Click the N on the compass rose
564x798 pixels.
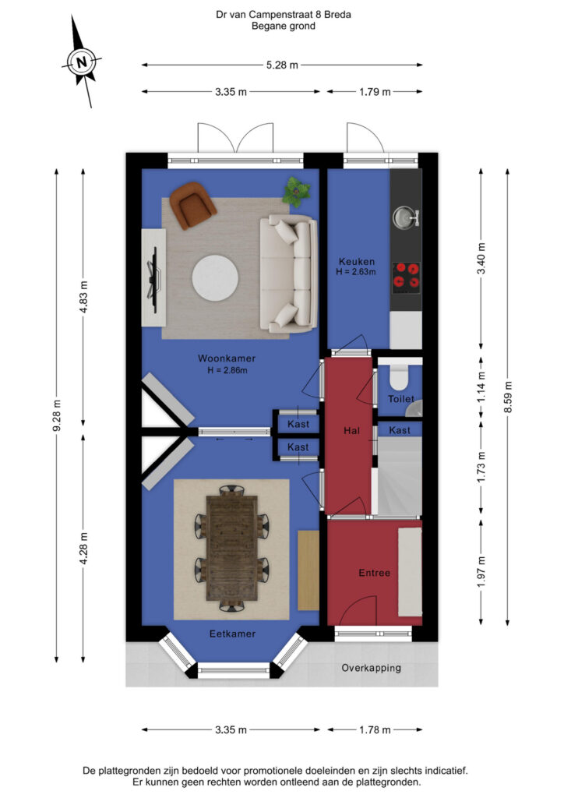[x=81, y=62]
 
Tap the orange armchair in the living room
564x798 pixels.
[x=192, y=205]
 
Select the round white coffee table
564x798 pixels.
[x=215, y=278]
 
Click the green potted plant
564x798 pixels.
[x=296, y=192]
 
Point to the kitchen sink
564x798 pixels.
[x=406, y=217]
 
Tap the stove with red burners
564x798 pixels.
[x=407, y=275]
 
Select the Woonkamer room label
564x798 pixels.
[x=227, y=358]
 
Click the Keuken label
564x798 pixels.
[x=357, y=262]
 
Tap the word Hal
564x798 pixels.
[x=351, y=431]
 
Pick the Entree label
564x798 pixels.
[x=374, y=573]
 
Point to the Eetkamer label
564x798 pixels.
[x=232, y=634]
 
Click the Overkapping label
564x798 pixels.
[x=372, y=668]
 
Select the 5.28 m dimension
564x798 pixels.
[x=282, y=65]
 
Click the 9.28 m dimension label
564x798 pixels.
[x=57, y=415]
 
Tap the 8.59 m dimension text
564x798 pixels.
[x=508, y=397]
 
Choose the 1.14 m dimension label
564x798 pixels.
[x=481, y=387]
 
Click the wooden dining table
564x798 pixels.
[x=232, y=548]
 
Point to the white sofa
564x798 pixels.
[x=288, y=274]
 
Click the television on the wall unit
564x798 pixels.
[x=154, y=279]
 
